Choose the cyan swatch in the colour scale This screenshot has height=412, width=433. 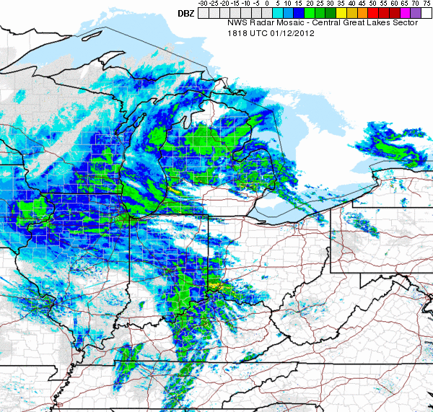click(277, 13)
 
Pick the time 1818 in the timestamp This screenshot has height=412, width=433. click(238, 32)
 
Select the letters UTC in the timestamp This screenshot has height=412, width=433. click(261, 32)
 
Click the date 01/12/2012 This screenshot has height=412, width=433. click(297, 32)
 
